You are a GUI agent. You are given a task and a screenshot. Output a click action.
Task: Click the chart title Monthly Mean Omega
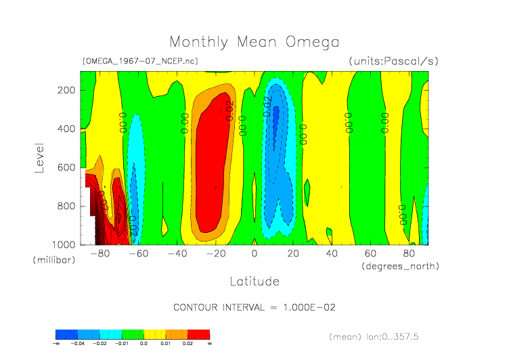(x=254, y=42)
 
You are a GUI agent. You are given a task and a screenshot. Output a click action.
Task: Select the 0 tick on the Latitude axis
(x=255, y=254)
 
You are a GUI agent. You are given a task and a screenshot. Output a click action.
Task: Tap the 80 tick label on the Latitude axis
(x=410, y=254)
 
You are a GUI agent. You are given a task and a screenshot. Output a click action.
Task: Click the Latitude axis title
(x=254, y=280)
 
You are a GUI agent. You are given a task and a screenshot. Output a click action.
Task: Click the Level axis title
(x=39, y=157)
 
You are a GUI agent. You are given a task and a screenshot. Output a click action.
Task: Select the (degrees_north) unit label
(x=401, y=266)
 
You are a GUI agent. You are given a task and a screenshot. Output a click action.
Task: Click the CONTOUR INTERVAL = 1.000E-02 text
(x=255, y=307)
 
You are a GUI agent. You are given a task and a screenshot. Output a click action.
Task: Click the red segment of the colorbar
(x=198, y=334)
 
